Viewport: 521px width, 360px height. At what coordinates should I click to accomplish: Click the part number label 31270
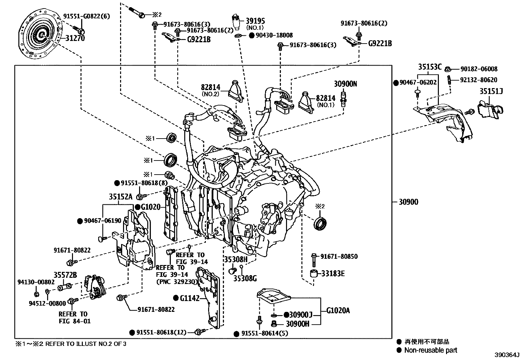click(x=75, y=38)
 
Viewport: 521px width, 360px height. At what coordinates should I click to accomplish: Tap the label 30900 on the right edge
click(x=408, y=202)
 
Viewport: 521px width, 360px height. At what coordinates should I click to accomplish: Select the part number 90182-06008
click(x=479, y=69)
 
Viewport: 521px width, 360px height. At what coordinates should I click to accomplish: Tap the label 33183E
click(x=333, y=274)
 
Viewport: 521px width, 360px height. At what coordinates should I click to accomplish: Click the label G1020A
click(x=338, y=310)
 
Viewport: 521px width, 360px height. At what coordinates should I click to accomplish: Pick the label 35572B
click(x=65, y=275)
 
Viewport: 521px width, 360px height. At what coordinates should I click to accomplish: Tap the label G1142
click(x=190, y=298)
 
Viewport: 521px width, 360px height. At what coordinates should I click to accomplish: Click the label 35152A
click(x=121, y=197)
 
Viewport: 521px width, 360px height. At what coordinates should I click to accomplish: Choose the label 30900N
click(x=345, y=84)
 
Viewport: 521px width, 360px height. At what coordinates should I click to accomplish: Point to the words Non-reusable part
click(x=431, y=350)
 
